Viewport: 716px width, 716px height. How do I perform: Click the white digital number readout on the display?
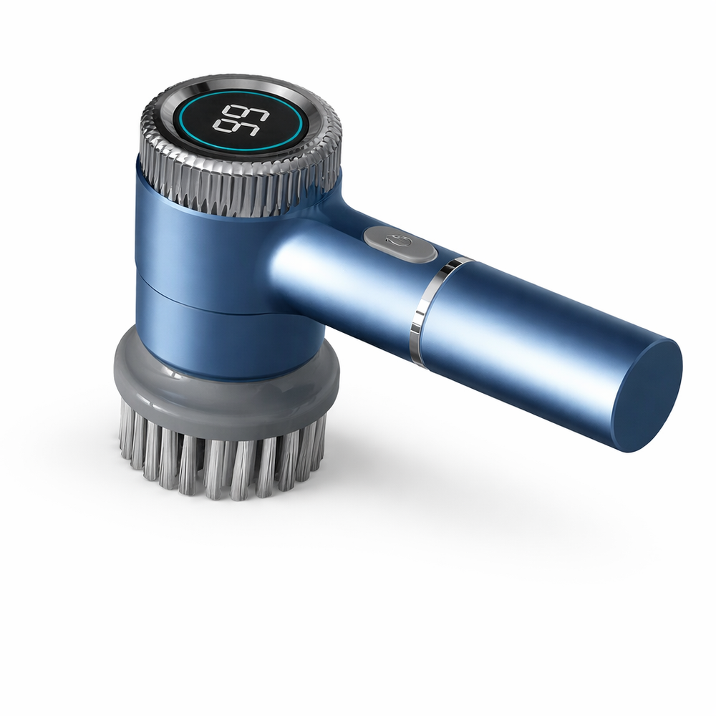(238, 119)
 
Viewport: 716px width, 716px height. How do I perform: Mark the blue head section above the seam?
(186, 236)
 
